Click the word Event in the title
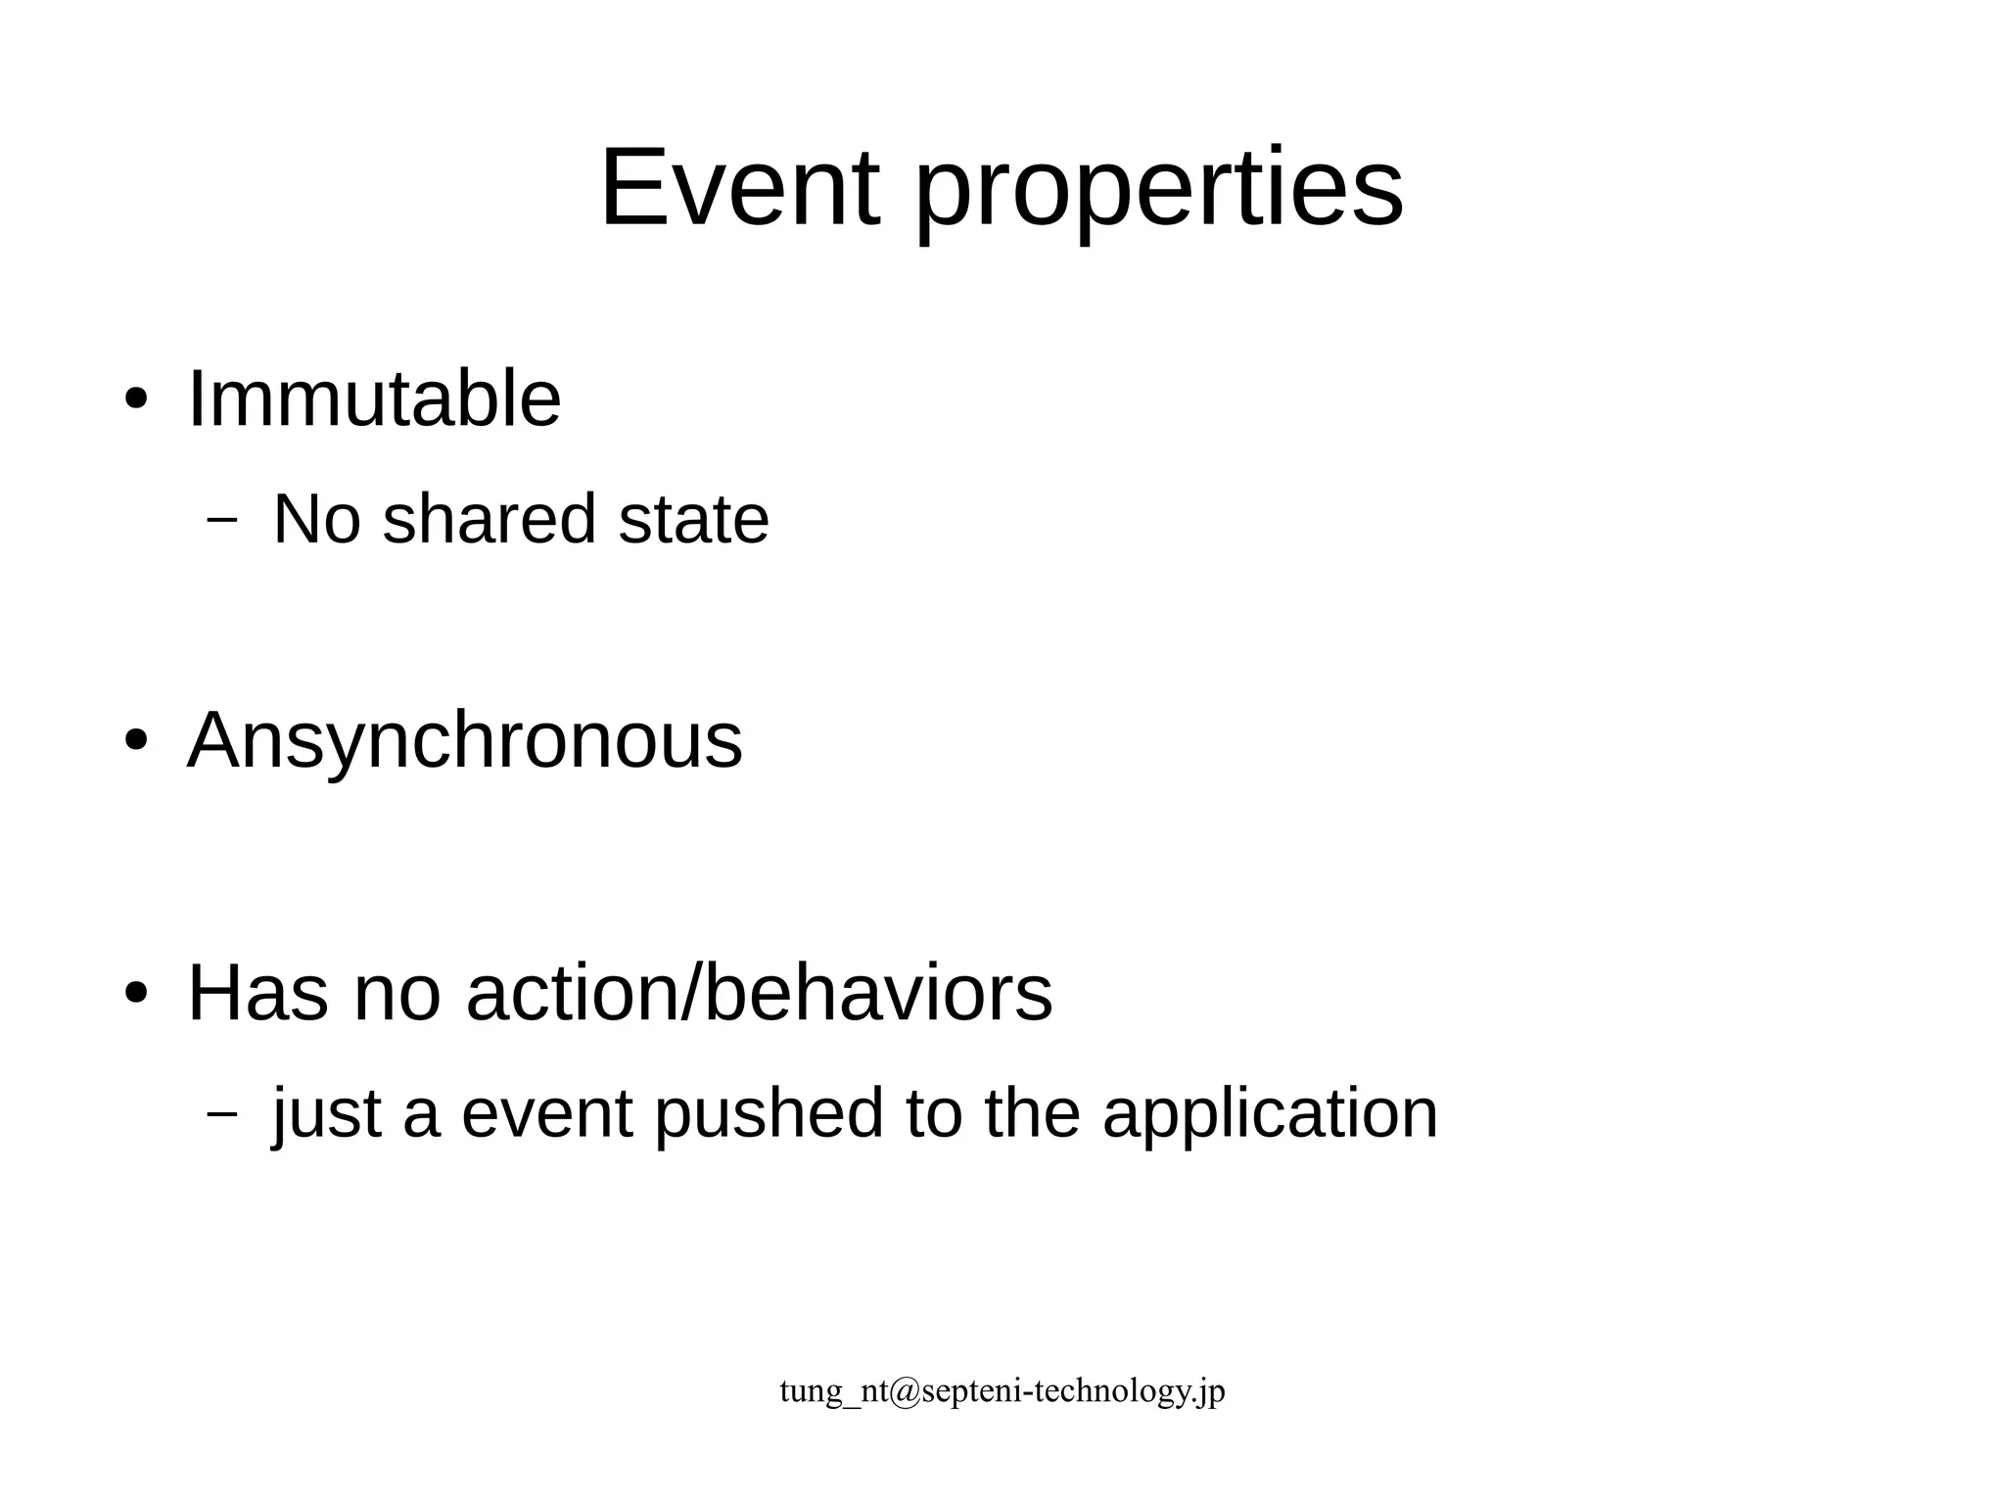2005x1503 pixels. click(x=739, y=188)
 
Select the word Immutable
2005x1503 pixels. click(x=374, y=399)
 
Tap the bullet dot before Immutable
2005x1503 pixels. click(x=136, y=400)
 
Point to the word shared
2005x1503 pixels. click(x=489, y=519)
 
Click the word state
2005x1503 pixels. click(x=693, y=519)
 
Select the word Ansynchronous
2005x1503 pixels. click(x=465, y=740)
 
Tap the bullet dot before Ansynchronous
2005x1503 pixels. click(x=136, y=741)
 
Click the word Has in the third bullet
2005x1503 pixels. click(x=257, y=994)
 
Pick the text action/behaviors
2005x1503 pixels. click(x=759, y=994)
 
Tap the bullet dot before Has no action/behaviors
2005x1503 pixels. click(x=136, y=995)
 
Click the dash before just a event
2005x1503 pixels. click(x=223, y=1113)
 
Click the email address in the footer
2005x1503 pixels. click(x=1002, y=1390)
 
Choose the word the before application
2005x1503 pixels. click(x=1032, y=1114)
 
